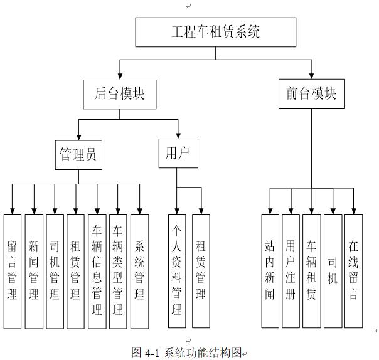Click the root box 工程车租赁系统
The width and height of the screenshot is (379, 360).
[x=215, y=32]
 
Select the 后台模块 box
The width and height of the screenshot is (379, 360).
[x=119, y=93]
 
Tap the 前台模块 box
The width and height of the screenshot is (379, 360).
[x=311, y=93]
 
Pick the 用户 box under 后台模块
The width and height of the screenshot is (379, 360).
[x=178, y=153]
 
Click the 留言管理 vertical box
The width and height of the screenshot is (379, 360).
[x=13, y=272]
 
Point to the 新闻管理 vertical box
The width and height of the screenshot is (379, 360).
[x=33, y=272]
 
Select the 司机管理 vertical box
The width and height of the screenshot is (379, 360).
[x=55, y=272]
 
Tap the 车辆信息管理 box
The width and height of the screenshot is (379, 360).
[x=97, y=272]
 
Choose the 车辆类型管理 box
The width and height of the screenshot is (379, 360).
[x=117, y=272]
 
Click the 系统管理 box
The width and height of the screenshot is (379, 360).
[x=139, y=272]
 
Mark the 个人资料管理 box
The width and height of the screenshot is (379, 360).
[x=177, y=272]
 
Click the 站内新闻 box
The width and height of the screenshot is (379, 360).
[x=270, y=272]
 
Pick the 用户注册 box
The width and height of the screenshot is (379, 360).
[x=291, y=272]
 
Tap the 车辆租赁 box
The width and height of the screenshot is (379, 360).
[x=312, y=272]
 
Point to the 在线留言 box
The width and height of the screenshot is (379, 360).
[x=354, y=272]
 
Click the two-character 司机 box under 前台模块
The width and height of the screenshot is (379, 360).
[x=333, y=272]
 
